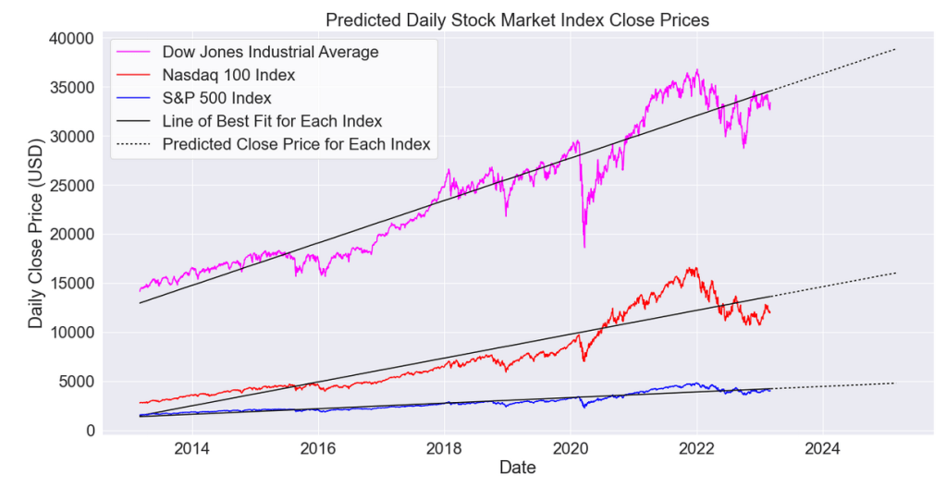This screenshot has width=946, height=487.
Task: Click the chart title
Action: point(517,19)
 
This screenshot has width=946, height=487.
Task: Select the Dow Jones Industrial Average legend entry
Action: point(270,52)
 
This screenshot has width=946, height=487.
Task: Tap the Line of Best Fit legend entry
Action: point(272,121)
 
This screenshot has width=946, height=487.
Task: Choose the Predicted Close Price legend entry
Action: point(296,144)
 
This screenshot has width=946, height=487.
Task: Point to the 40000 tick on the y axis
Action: point(71,38)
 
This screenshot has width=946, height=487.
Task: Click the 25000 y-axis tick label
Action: point(71,185)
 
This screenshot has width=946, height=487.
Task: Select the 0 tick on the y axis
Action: point(91,431)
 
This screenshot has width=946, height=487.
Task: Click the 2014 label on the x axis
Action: point(191,449)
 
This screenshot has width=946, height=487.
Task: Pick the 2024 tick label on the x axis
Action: point(822,449)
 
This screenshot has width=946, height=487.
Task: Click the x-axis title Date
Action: point(517,469)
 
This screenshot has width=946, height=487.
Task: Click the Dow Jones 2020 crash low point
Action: point(584,247)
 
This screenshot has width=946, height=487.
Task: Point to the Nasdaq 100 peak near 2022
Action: point(692,269)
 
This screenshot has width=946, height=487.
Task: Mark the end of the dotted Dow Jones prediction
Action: point(897,49)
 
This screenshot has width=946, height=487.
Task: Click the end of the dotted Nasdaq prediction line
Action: point(897,273)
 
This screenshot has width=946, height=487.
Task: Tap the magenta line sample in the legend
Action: point(134,52)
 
